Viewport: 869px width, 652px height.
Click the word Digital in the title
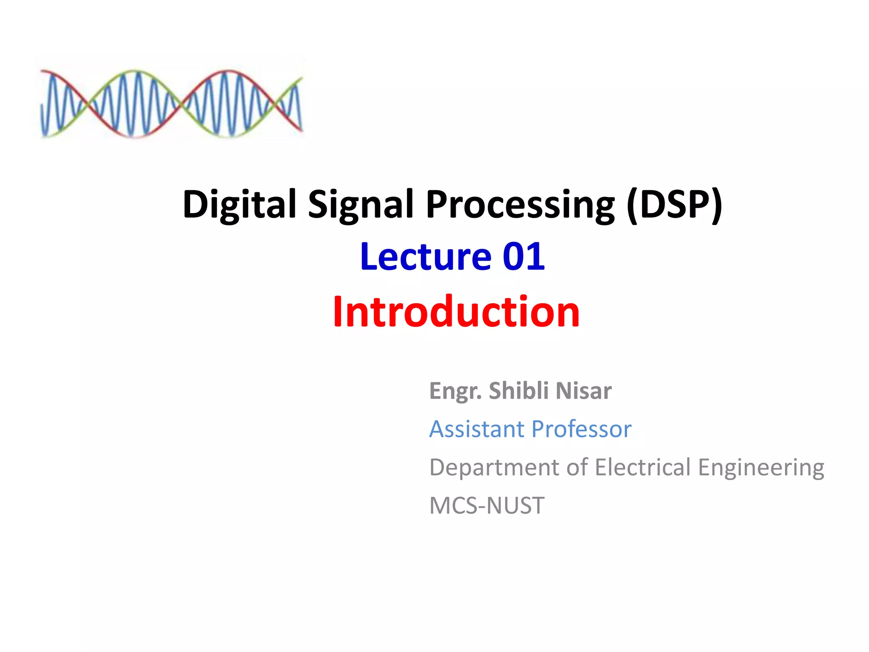click(x=239, y=205)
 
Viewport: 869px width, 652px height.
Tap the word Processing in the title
click(x=520, y=205)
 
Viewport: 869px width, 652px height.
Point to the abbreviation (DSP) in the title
click(x=674, y=205)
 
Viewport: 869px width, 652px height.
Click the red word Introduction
click(x=456, y=312)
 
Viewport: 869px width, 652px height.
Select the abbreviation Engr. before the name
click(x=455, y=391)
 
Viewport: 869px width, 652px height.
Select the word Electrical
click(x=643, y=467)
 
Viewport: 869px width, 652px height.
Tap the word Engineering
click(x=761, y=468)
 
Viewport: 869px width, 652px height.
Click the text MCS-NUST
click(x=487, y=506)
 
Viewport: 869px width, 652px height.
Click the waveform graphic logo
click(x=171, y=104)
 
